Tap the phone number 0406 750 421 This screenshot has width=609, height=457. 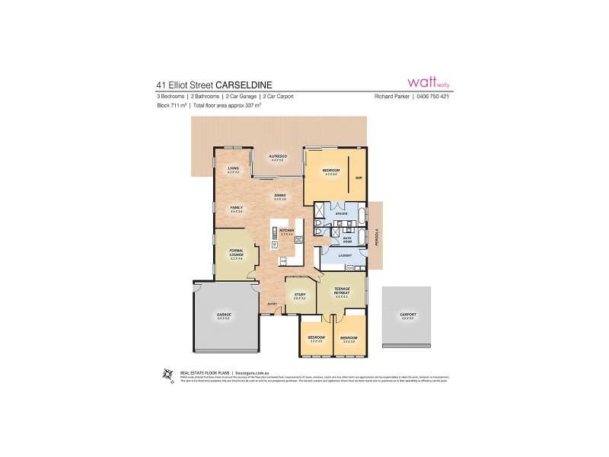click(435, 97)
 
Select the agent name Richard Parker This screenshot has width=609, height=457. click(392, 97)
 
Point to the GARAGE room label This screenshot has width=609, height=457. click(224, 315)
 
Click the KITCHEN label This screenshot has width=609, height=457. click(286, 229)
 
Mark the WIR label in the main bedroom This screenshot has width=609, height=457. click(358, 177)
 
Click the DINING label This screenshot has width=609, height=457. click(280, 196)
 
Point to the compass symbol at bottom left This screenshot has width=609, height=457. click(168, 372)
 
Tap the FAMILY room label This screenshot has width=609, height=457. click(235, 209)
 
